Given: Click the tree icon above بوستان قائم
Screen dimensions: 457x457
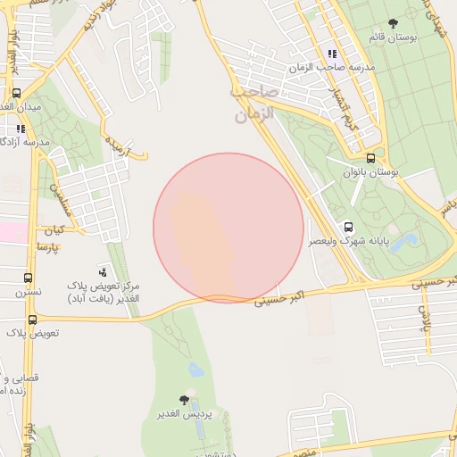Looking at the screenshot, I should point(394,23).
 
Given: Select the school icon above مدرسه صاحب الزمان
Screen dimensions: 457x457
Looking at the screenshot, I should point(332,54).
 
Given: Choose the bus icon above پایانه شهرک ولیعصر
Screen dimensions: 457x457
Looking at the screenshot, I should point(348,227).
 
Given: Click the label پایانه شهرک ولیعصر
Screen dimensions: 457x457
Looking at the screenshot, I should point(348,242).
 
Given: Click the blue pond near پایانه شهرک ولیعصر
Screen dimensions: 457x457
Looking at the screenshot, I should point(403,242).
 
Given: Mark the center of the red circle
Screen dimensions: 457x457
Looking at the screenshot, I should point(228,228).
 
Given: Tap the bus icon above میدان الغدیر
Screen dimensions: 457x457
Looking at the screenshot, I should point(16,93).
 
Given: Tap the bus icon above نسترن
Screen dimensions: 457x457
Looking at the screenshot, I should point(28,278).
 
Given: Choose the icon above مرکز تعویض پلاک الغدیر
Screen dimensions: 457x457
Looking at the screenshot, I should point(104,270).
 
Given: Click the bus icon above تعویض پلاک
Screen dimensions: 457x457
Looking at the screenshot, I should point(32,319).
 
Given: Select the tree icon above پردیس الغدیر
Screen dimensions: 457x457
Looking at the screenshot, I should point(184,400).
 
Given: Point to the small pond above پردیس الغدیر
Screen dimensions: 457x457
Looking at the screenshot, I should point(195,370).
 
